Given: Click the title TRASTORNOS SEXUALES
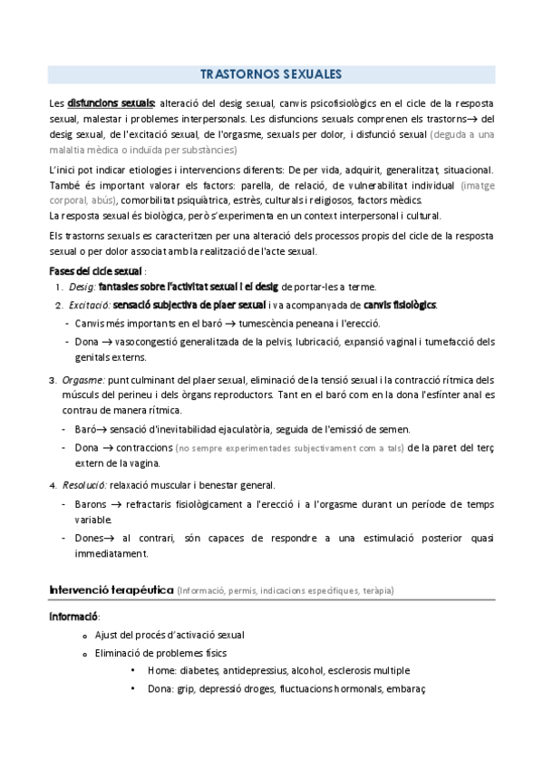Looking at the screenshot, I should (x=271, y=75).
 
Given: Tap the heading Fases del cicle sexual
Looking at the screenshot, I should (x=94, y=271).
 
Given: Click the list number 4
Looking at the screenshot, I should (x=52, y=485).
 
